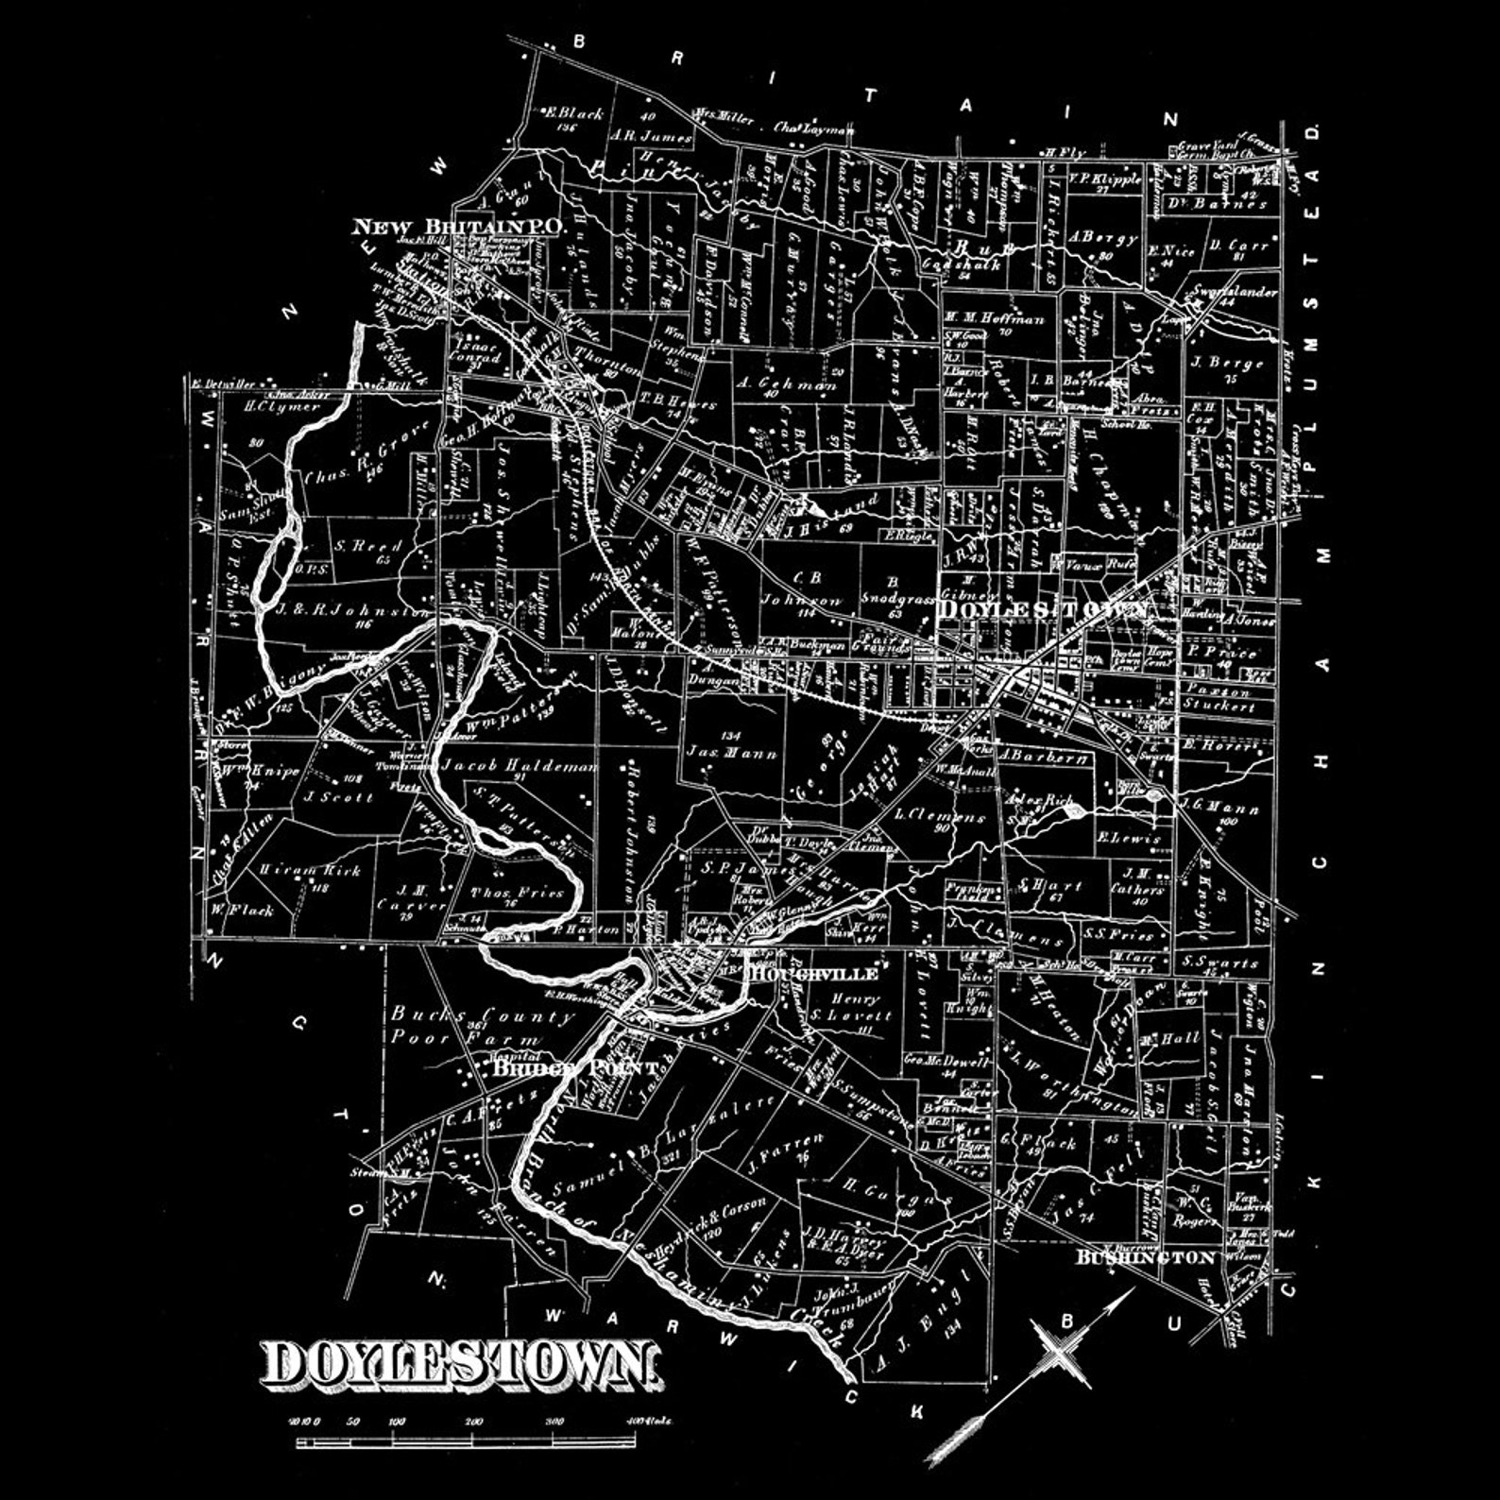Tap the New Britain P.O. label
(x=458, y=228)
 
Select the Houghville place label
(x=814, y=973)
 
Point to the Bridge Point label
(x=574, y=1067)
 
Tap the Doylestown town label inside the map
(x=1043, y=609)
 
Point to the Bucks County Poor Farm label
(x=482, y=1027)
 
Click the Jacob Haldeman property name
(x=519, y=765)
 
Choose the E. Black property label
(x=574, y=114)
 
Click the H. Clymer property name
(x=269, y=407)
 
